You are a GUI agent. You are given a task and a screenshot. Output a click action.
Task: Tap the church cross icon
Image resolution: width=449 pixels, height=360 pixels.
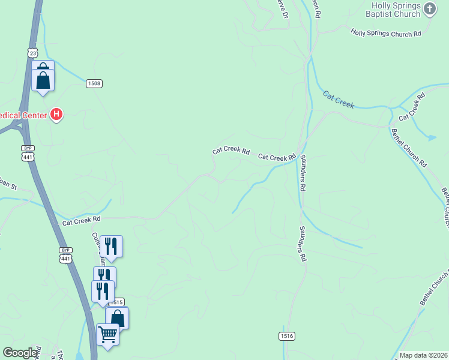[x=430, y=8]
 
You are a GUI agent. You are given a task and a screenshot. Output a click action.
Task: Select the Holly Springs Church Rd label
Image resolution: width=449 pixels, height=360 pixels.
[x=385, y=34]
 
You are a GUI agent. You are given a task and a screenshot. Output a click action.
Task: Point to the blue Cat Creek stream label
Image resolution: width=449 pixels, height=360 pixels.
[x=339, y=100]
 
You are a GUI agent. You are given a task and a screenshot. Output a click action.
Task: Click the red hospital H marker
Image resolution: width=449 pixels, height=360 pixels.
[x=56, y=113]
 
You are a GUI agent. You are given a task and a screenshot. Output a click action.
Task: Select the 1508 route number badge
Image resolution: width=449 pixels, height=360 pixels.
[x=93, y=83]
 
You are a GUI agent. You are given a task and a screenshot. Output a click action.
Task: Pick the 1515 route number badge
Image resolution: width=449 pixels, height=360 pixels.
[x=116, y=302]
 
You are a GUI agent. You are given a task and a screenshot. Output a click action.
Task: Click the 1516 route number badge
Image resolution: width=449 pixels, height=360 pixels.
[x=286, y=336]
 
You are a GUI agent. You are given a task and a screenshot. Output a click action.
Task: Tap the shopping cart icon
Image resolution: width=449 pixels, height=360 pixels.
[x=107, y=334]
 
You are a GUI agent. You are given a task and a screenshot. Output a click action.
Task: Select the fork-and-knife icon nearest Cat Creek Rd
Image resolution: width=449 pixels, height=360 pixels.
[x=111, y=245]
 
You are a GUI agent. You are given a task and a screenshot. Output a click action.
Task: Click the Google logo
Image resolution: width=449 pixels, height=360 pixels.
[x=20, y=353]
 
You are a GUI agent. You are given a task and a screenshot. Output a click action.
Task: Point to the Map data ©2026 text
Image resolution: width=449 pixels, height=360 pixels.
[x=423, y=355]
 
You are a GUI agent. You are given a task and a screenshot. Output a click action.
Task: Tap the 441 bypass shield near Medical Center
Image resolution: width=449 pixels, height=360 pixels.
[x=28, y=153]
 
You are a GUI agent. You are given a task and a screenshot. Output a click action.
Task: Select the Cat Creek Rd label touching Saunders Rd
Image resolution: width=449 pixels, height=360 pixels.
[x=277, y=158]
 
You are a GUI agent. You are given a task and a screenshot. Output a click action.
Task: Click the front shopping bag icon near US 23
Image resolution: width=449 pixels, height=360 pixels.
[x=43, y=80]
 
